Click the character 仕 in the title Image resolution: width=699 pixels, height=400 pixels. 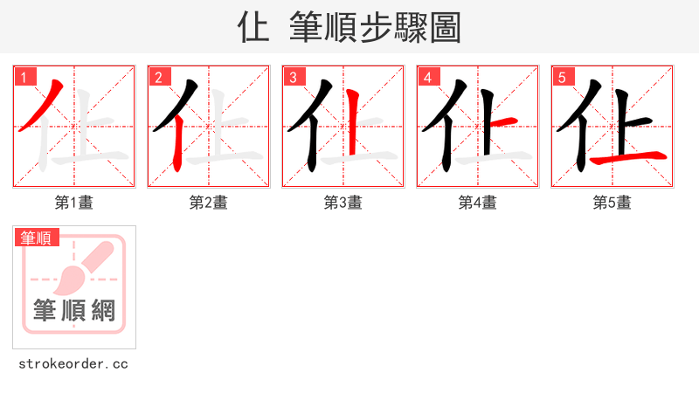(x=253, y=28)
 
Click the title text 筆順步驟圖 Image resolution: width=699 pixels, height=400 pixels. (x=375, y=28)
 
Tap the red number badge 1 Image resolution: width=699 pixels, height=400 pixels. (x=24, y=77)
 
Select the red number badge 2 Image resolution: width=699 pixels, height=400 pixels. (x=158, y=77)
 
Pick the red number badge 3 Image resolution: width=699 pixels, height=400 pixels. (x=293, y=77)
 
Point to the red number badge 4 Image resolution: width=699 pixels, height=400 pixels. (x=427, y=77)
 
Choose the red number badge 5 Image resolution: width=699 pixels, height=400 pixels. (x=562, y=77)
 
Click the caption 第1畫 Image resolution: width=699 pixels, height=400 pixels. (x=74, y=203)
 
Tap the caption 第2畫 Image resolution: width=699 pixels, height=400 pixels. (x=209, y=203)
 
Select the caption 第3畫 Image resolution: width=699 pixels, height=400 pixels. (x=343, y=203)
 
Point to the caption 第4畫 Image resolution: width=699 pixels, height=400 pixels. (x=478, y=203)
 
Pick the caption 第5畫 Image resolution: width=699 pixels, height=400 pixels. (x=612, y=203)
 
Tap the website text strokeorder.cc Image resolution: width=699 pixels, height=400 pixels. (x=74, y=363)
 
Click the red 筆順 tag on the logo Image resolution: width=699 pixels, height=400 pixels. (x=36, y=238)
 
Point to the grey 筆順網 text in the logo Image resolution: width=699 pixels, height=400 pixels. (x=74, y=310)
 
